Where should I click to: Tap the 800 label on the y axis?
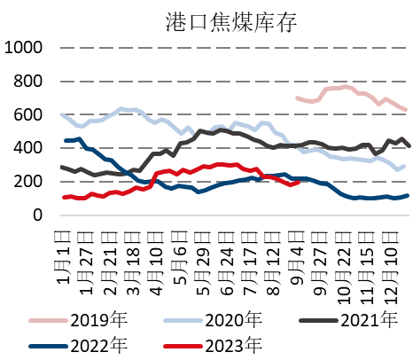pos(30,82)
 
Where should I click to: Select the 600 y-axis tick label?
pos(30,115)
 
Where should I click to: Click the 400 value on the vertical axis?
pos(30,148)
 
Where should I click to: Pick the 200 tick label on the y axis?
pos(30,182)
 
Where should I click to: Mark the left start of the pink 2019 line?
pos(296,98)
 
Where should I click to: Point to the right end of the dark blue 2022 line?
pos(408,195)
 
